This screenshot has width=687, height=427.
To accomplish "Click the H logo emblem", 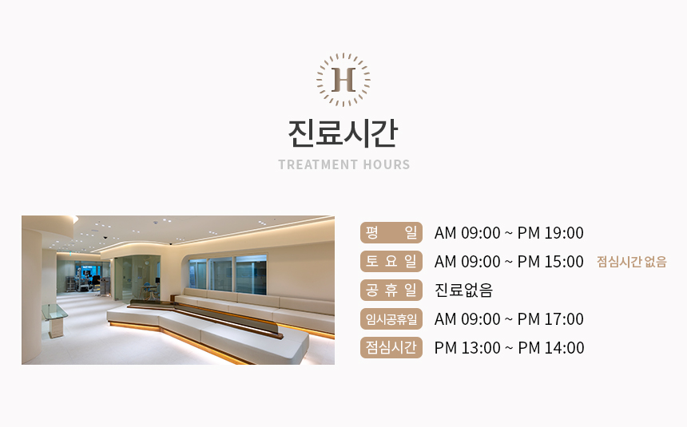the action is tap(343, 80).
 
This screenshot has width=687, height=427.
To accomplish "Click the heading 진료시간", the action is tap(343, 133).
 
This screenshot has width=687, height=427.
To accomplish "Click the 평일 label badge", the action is tap(391, 232).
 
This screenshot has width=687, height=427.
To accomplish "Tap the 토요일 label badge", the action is tap(391, 262).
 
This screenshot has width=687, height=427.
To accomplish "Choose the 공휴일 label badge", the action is tap(391, 290).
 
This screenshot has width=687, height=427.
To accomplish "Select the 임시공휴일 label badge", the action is tap(391, 318).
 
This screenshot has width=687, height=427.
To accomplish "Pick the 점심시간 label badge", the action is tap(391, 348).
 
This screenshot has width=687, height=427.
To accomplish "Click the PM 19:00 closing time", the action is tap(550, 233).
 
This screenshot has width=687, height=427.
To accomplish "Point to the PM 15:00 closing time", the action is tap(550, 262).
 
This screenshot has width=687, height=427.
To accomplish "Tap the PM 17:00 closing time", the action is tap(550, 319).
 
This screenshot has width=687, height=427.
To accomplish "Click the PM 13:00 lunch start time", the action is tap(467, 348).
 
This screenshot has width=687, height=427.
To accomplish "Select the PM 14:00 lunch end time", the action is tap(550, 348).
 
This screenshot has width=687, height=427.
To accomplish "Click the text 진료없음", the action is tap(463, 291).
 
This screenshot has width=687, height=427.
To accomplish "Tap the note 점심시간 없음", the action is tap(631, 262).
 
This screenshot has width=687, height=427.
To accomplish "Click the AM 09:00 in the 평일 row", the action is tap(467, 233).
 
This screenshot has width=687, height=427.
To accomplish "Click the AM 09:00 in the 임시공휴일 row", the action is tap(467, 319).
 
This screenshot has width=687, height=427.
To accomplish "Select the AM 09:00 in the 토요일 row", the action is tap(467, 262).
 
